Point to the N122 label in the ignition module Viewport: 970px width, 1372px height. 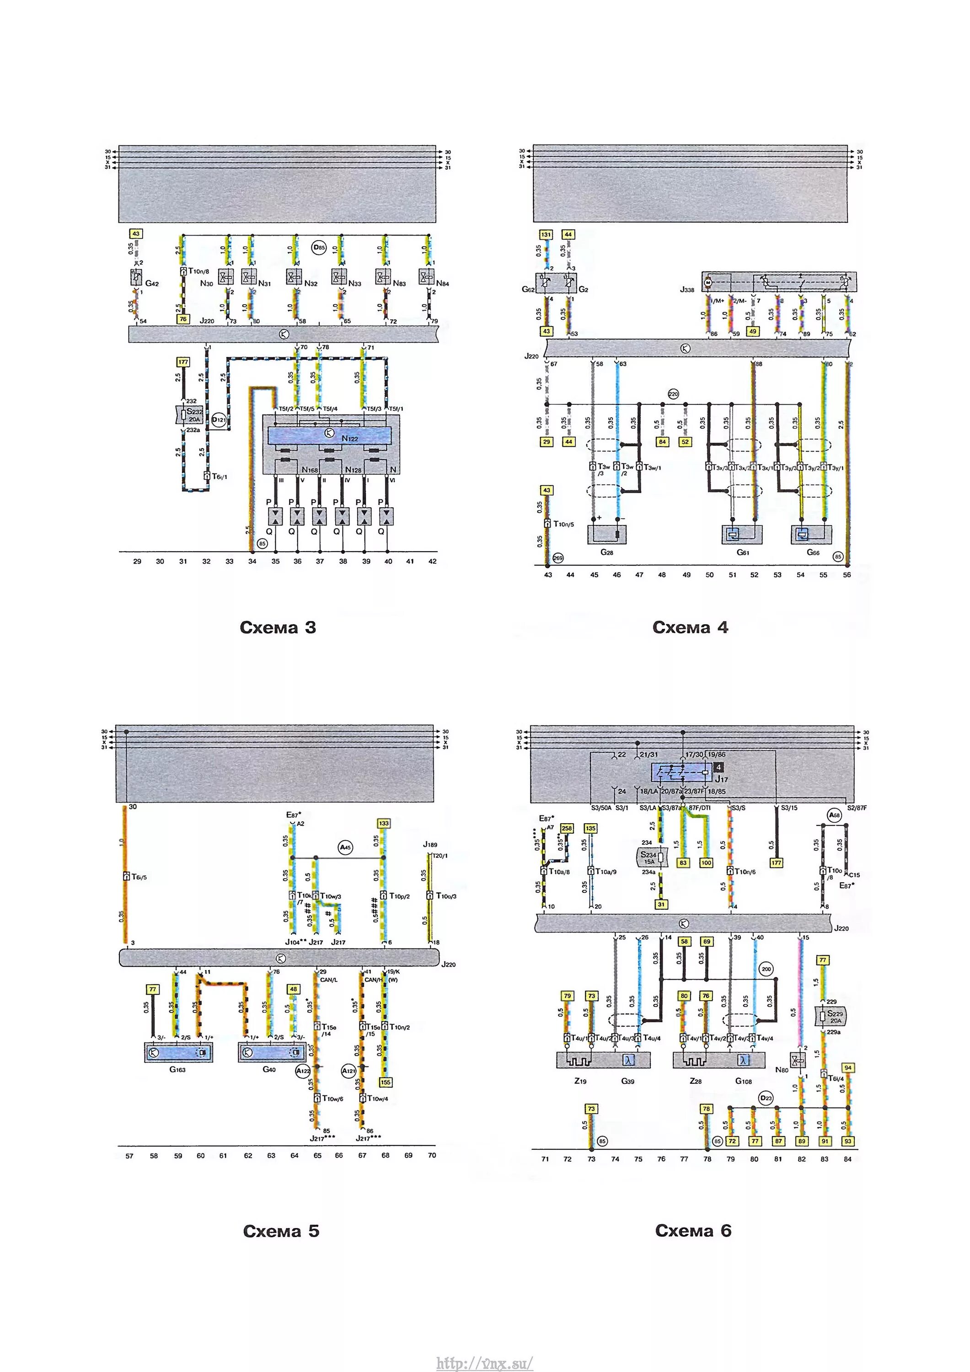coord(350,438)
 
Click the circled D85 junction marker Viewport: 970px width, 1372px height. coord(320,247)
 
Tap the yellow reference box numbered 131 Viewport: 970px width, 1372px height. coord(546,235)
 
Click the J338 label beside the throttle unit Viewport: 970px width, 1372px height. coord(687,289)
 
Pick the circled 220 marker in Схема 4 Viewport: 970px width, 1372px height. coord(673,394)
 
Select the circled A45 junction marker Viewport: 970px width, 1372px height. coord(345,847)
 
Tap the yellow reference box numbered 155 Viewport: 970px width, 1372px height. coord(385,1099)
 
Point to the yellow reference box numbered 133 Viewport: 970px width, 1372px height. coord(384,824)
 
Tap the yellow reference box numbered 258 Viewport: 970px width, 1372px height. coord(567,828)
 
